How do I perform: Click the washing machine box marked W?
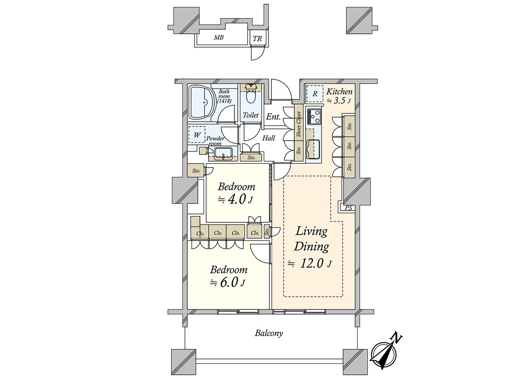197,135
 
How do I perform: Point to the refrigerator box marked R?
315,93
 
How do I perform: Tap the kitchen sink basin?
314,149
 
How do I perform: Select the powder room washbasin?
63,153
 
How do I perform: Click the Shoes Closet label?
299,124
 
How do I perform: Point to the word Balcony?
268,333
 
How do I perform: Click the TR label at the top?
257,39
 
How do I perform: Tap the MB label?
218,37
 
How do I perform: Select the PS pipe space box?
348,208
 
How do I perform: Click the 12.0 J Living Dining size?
310,264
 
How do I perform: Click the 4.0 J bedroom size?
235,200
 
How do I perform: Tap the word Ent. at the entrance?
273,117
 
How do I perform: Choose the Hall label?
269,138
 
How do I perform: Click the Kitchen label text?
339,91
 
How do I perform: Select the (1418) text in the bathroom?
224,101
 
